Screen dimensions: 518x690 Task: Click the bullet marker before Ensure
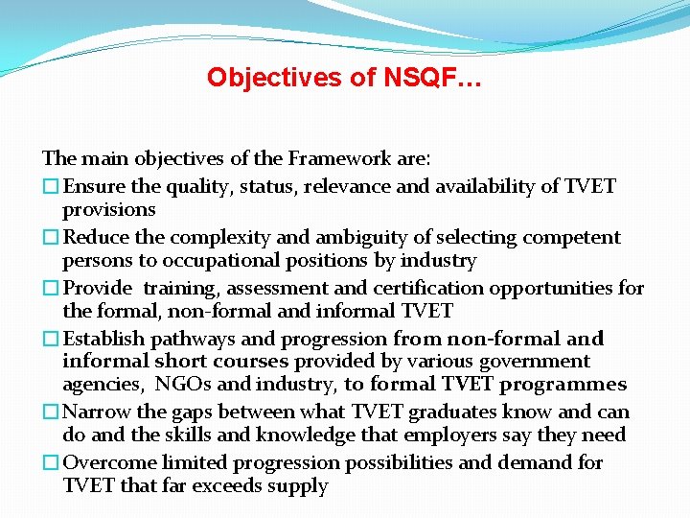52,186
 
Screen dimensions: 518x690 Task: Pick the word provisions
108,209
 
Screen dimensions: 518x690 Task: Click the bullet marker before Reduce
52,237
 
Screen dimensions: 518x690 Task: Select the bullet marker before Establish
52,339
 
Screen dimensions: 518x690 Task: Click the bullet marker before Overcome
52,463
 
